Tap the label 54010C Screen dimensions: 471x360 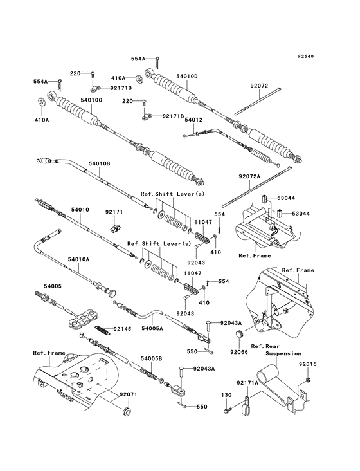pos(92,100)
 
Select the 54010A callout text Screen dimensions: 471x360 pos(80,259)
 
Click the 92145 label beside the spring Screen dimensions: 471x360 pos(122,329)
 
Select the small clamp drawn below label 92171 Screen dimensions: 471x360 pos(116,226)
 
